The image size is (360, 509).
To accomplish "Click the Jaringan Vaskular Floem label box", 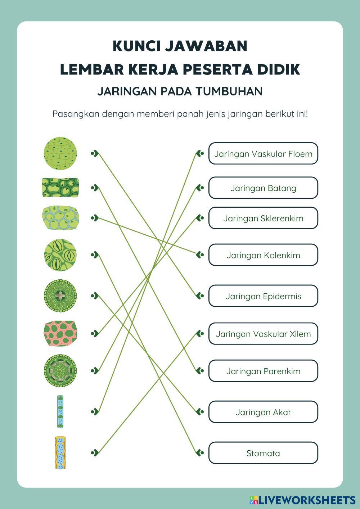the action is (263, 154).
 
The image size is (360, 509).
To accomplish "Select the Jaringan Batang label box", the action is (263, 188).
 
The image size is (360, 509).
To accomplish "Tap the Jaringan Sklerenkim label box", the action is (263, 218).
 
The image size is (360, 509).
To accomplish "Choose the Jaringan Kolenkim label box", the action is (263, 255).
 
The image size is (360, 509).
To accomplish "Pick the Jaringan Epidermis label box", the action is (263, 296).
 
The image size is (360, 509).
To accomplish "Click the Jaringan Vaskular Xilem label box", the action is (263, 334).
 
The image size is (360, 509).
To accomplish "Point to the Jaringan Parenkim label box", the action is (263, 371).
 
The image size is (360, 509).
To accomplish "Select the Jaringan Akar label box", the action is (263, 412).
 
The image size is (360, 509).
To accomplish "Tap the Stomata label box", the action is (263, 453).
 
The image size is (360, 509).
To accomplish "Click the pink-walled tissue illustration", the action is (60, 334).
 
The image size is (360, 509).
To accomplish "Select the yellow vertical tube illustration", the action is (60, 452).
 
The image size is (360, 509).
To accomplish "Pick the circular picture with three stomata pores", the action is (60, 255).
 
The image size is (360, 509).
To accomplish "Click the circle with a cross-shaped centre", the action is (60, 296).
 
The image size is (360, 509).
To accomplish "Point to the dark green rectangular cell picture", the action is (60, 188).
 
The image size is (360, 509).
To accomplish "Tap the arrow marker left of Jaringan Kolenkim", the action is (200, 255).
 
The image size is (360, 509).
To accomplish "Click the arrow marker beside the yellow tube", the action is (94, 452).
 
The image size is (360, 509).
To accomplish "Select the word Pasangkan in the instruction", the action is (76, 114).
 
